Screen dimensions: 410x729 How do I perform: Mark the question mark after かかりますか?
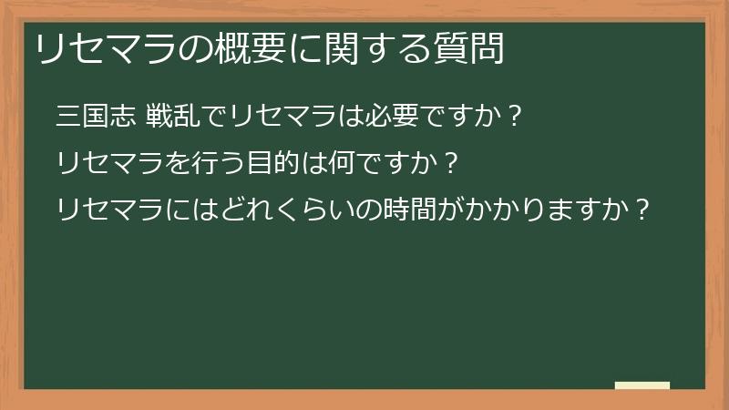(643, 210)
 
